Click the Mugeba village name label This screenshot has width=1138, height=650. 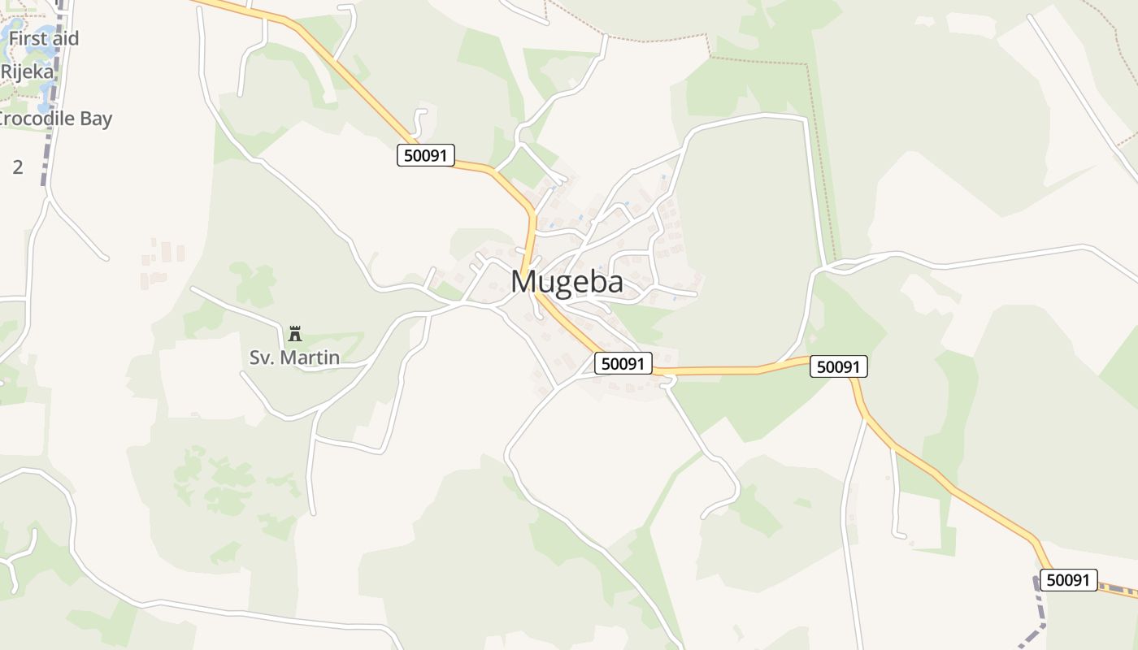(x=567, y=282)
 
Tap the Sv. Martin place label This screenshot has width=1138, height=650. (x=294, y=357)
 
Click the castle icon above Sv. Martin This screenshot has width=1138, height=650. (x=294, y=333)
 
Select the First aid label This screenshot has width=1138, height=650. (x=44, y=38)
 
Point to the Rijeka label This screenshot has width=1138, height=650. (x=27, y=71)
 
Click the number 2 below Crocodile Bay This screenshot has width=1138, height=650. (x=18, y=167)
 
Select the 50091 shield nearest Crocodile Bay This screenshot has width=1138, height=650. (x=426, y=155)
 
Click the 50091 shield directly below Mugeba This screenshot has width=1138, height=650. (x=623, y=363)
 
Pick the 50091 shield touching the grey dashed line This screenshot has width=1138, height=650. (x=1068, y=580)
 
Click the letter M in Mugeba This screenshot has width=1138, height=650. (x=523, y=282)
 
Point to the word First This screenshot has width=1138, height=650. (x=27, y=38)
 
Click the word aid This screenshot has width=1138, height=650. (x=65, y=38)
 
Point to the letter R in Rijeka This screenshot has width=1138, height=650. (x=6, y=71)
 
